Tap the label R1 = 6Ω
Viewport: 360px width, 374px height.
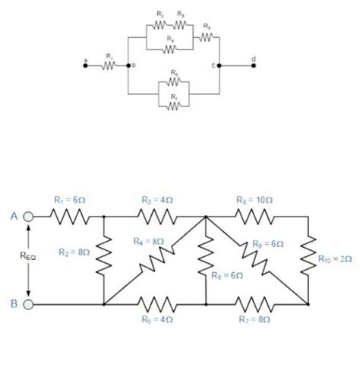[71, 200]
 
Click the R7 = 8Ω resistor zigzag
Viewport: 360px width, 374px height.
[257, 305]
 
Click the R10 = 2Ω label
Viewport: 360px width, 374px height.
[335, 259]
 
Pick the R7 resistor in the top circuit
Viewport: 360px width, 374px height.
[174, 106]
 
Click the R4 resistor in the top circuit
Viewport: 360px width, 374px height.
[170, 49]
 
